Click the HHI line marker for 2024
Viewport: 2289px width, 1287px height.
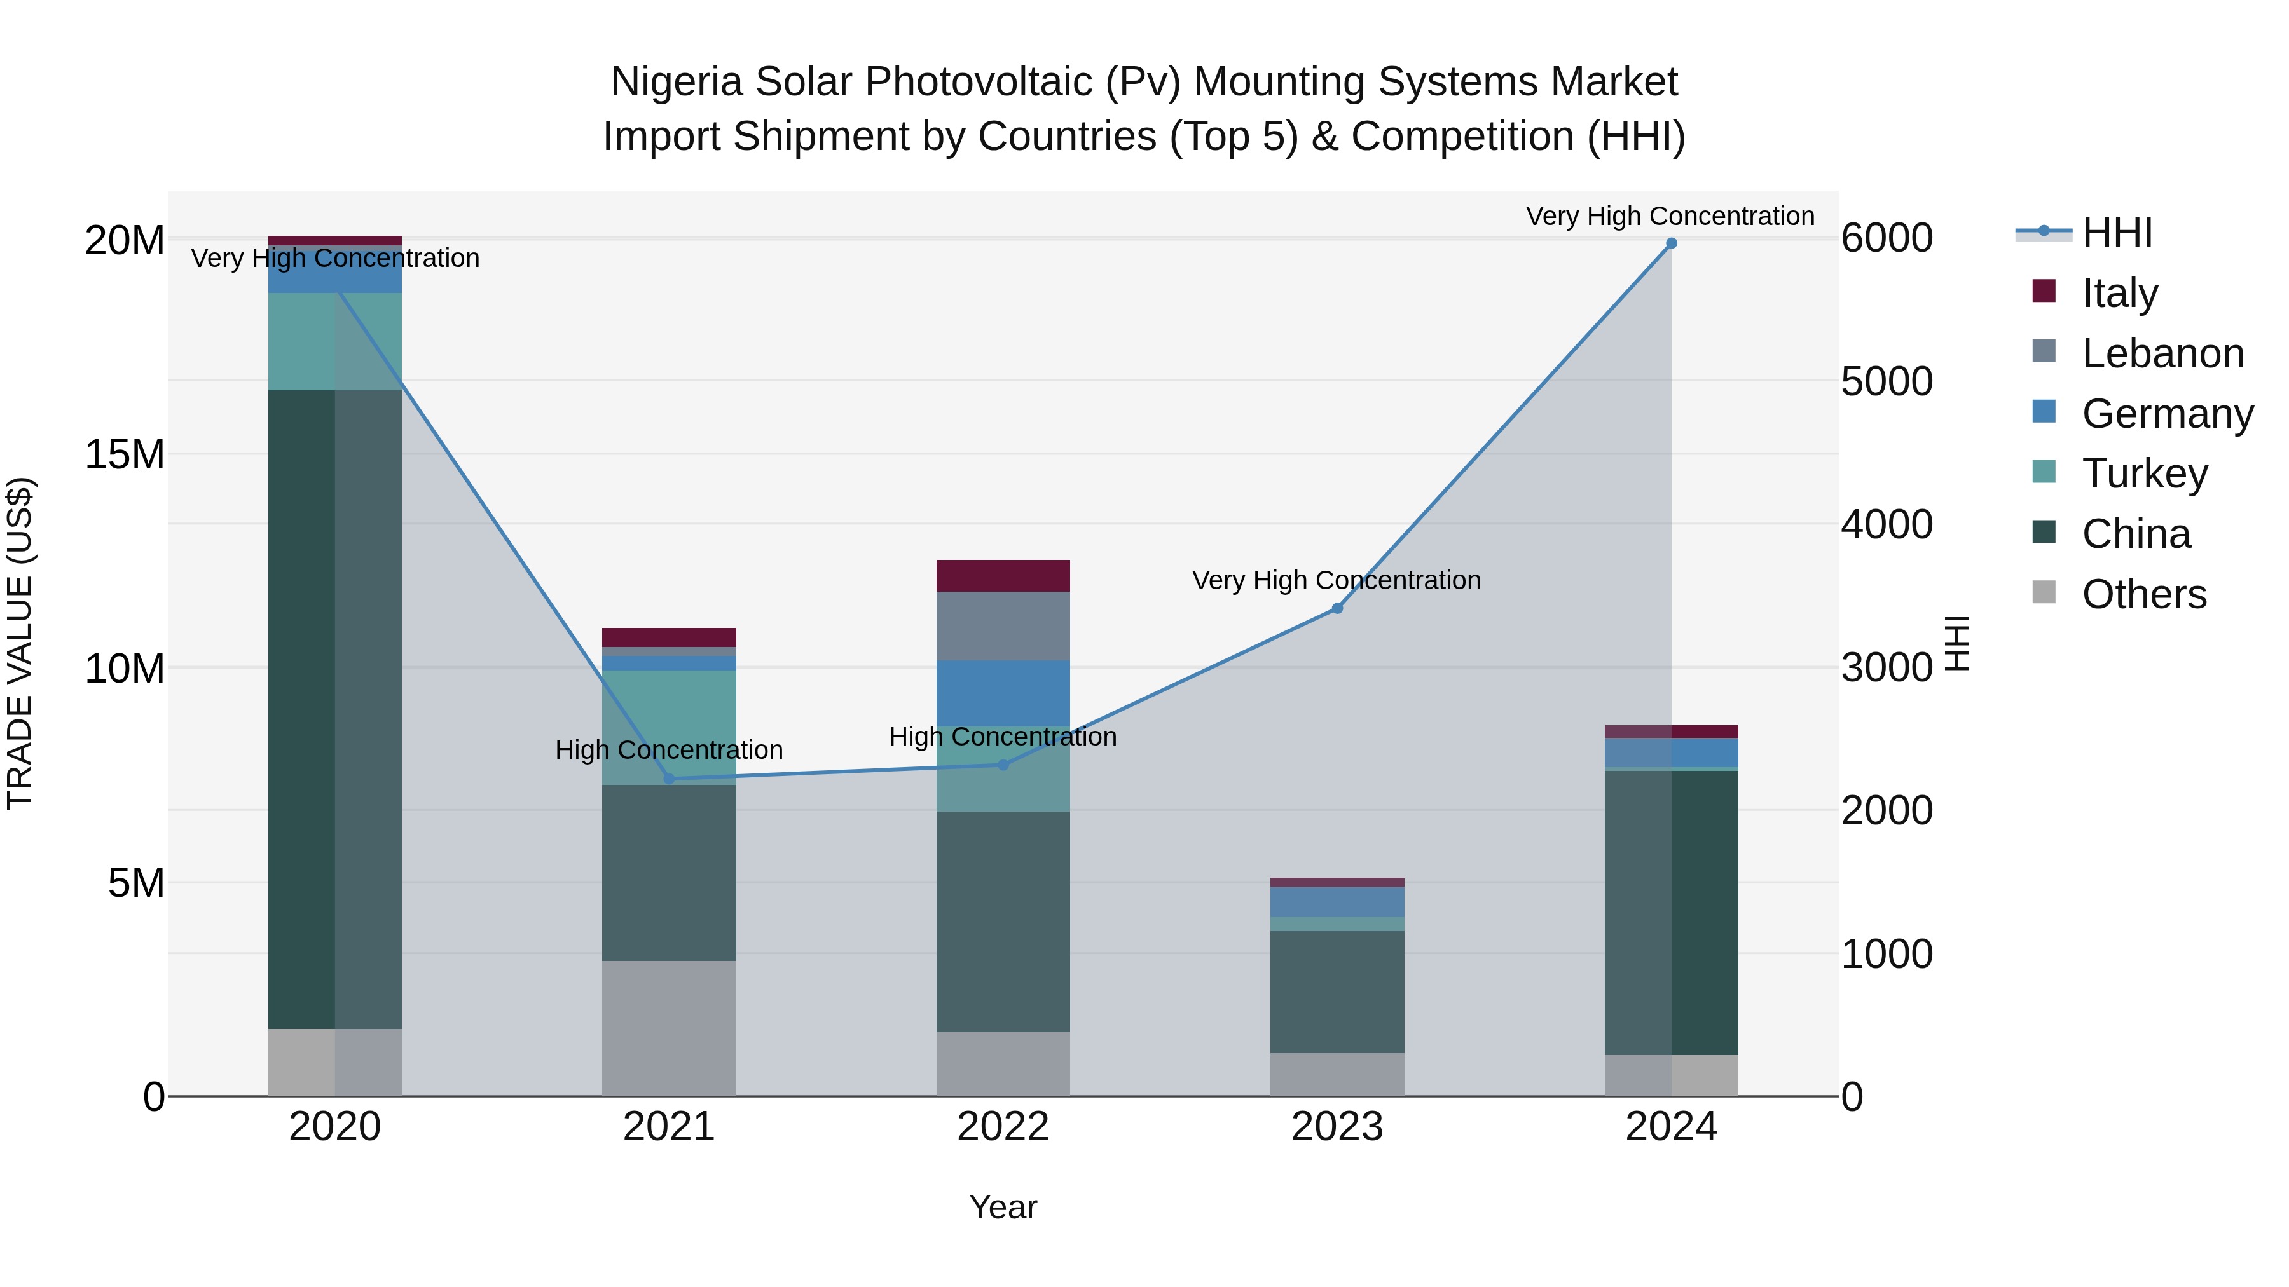click(1670, 243)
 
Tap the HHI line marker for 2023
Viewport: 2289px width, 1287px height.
click(1337, 608)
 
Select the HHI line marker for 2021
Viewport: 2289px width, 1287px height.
click(669, 779)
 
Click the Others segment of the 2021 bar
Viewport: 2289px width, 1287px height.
click(669, 1028)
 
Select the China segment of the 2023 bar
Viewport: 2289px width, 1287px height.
click(1337, 991)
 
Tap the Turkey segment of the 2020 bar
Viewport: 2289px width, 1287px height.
click(335, 341)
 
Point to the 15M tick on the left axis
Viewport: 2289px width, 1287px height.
click(125, 455)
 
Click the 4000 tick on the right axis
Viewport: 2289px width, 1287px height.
click(1886, 524)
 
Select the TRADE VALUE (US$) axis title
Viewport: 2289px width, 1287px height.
click(20, 643)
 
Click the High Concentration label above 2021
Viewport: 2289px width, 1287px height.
click(669, 750)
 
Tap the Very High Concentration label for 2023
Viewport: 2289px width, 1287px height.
click(1337, 580)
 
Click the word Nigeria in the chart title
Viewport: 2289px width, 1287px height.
click(675, 82)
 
